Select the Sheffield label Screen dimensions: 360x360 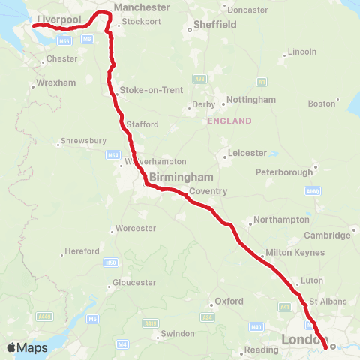(215, 24)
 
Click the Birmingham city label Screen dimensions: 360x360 (181, 177)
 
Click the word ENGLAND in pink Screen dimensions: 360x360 (231, 121)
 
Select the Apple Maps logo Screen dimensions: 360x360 (27, 347)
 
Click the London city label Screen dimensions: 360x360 (304, 340)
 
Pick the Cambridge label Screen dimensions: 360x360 (328, 235)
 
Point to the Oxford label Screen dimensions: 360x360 (229, 301)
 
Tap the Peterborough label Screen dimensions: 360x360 (283, 172)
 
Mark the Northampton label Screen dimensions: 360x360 (282, 220)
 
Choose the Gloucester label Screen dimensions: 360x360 (134, 283)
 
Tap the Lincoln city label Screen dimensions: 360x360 (301, 52)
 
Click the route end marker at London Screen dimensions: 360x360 (333, 346)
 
